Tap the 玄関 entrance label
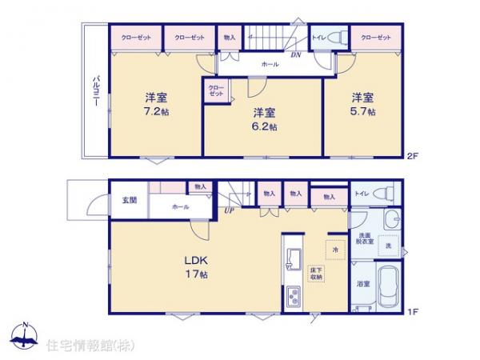point(129,200)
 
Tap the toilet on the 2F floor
point(336,38)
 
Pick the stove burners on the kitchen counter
point(291,298)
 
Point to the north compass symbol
point(23,338)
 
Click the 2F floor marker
point(414,154)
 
